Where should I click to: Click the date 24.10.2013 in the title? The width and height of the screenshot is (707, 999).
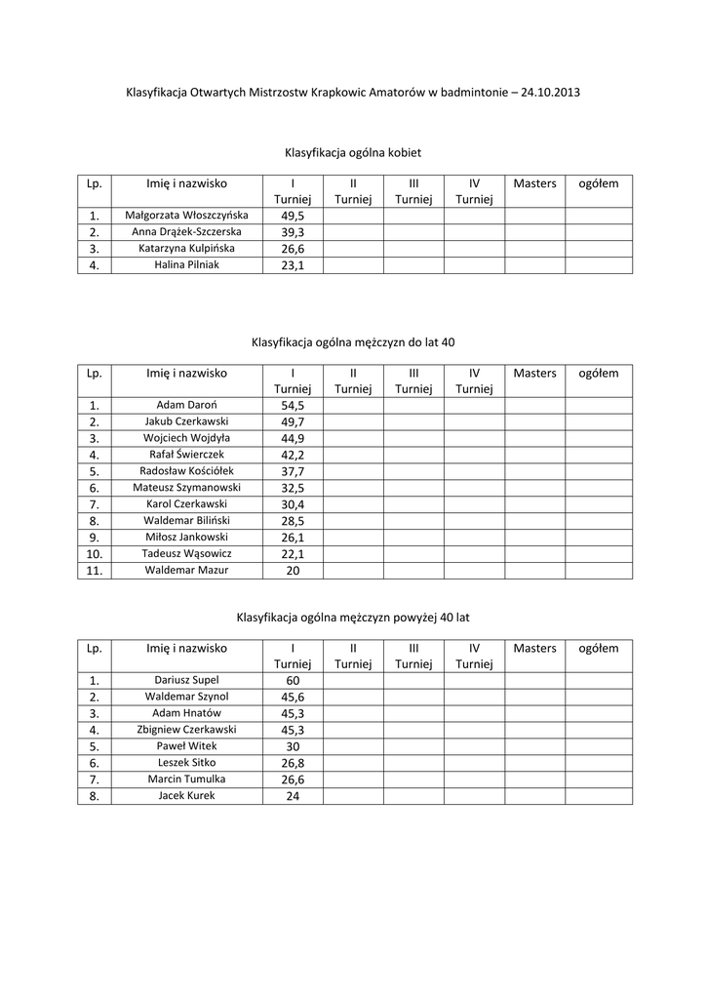tap(551, 93)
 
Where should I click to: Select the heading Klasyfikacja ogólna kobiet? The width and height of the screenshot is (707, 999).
tap(353, 153)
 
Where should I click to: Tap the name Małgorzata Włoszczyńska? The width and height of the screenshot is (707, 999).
tap(187, 215)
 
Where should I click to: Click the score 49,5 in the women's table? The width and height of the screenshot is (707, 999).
tap(293, 216)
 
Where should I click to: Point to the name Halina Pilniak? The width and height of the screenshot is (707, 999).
tap(187, 265)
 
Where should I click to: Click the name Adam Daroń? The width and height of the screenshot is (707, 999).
tap(187, 404)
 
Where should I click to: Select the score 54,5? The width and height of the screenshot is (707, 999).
tap(293, 405)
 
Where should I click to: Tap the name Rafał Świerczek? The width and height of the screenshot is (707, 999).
tap(187, 454)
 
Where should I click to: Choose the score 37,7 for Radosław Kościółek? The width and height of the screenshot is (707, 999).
tap(293, 471)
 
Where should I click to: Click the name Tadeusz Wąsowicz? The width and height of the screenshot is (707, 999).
tap(187, 553)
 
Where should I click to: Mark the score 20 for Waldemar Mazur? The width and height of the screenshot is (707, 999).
tap(293, 571)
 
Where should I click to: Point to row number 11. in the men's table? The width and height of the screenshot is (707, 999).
tap(95, 571)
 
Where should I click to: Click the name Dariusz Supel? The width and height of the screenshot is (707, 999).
tap(187, 679)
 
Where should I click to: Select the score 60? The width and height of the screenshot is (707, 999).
tap(293, 680)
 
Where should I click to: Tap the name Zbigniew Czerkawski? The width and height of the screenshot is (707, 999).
tap(187, 729)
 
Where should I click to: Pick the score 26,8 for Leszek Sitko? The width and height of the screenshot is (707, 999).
tap(293, 763)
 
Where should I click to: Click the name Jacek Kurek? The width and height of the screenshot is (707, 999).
tap(187, 795)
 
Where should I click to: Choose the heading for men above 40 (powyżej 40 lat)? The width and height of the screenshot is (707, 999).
tap(353, 618)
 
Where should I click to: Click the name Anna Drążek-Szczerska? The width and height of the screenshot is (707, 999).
tap(187, 232)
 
